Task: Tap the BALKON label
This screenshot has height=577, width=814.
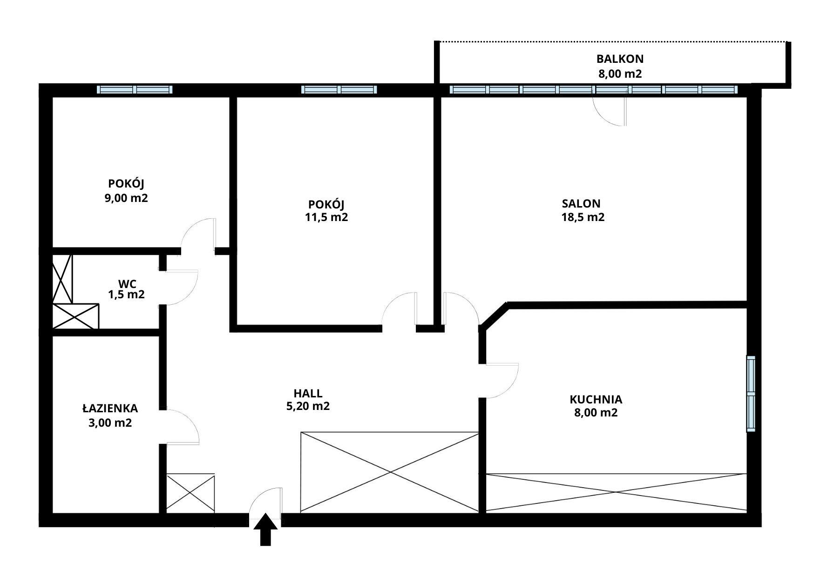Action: pos(620,59)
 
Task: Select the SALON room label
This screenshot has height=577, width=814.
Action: pos(581,203)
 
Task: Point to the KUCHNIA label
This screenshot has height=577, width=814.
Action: pos(596,399)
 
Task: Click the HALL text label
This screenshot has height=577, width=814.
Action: pos(308,393)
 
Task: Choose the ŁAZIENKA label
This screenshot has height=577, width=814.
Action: pos(110,408)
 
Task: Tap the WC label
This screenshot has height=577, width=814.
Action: pos(127,284)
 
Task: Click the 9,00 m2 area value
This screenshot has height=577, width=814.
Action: pos(126,198)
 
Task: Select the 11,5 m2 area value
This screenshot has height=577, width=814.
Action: pos(326,217)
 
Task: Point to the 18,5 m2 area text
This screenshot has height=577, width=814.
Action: pos(583,217)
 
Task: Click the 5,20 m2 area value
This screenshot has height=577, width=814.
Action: pos(308,406)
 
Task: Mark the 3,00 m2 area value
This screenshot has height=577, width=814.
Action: pos(110,423)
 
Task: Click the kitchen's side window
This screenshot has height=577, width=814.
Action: pos(751,394)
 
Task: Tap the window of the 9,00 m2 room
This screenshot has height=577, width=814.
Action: pos(135,90)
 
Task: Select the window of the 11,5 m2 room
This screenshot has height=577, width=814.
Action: pos(339,90)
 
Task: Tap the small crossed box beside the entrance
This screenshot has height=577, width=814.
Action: pos(190,493)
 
